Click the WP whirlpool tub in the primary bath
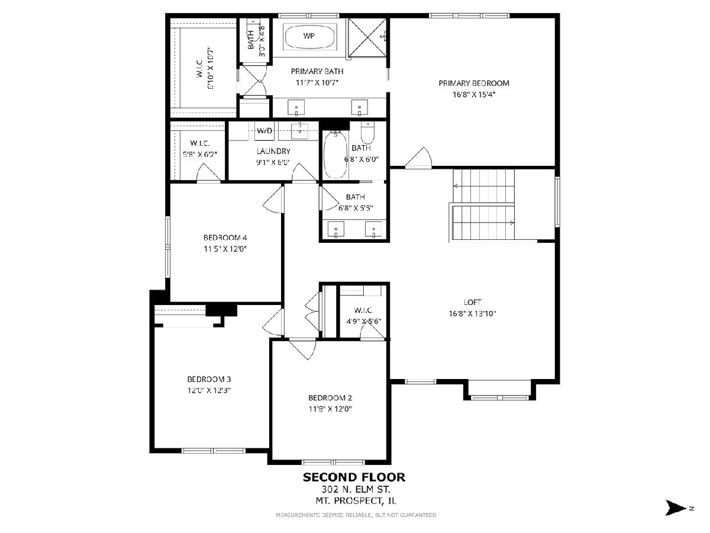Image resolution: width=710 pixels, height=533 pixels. [309, 36]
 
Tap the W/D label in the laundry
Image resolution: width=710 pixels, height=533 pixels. [264, 131]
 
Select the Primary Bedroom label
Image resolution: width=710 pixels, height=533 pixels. [474, 83]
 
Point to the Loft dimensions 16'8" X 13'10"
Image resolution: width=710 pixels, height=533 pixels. [472, 314]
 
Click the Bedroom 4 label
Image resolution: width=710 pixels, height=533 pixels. [225, 238]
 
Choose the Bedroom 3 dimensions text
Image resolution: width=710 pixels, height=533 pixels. [209, 391]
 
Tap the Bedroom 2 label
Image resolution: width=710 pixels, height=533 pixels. [330, 398]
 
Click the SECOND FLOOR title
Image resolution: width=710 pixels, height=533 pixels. [354, 477]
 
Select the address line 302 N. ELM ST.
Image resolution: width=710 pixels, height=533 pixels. [356, 489]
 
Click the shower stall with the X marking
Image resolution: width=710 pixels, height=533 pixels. [367, 38]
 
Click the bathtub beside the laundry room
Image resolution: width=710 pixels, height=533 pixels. [335, 155]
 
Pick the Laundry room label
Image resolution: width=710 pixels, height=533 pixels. [274, 151]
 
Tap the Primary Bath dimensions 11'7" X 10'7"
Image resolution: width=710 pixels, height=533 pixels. [317, 83]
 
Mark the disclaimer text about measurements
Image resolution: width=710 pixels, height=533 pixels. [356, 515]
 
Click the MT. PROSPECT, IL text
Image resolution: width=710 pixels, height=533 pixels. [356, 501]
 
